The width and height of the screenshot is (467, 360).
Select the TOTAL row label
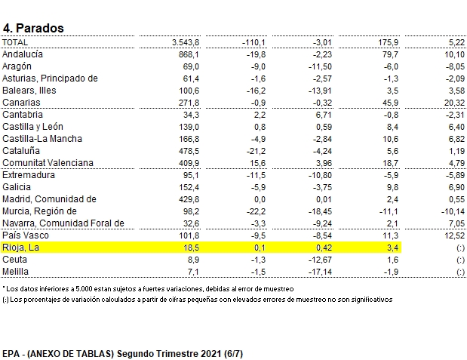15,42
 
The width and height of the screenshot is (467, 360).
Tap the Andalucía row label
23,54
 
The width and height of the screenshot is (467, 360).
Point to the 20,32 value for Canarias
453,103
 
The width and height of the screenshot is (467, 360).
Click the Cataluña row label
23,151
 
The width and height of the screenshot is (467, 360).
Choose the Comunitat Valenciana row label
48,163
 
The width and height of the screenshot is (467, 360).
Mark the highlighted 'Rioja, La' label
20,248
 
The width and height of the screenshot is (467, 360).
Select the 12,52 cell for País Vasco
453,235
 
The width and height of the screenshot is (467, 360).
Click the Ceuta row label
17,260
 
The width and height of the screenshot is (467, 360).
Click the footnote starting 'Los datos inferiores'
148,289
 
